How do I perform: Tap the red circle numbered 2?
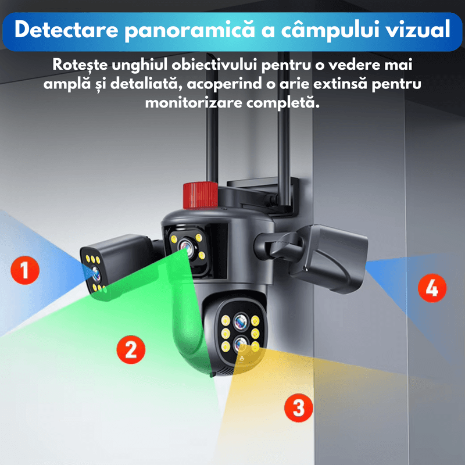coord(130,349)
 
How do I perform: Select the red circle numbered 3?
coord(298,407)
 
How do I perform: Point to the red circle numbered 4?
coord(432,288)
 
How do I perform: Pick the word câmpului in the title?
coord(327,30)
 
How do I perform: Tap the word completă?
coord(289,103)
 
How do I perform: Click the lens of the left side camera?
coord(94,273)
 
